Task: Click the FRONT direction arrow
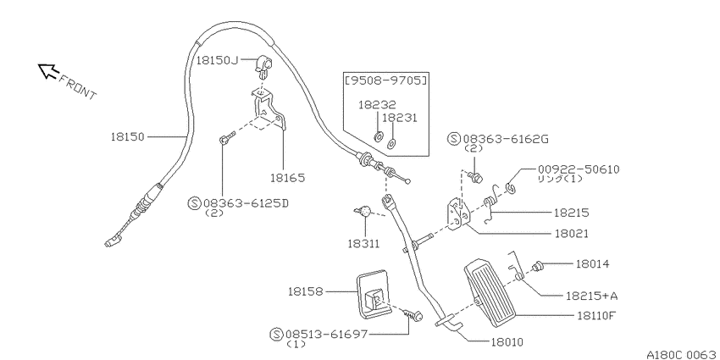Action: [48, 71]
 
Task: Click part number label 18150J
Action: [218, 60]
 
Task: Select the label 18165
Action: [287, 178]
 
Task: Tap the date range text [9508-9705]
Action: [385, 80]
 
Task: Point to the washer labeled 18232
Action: [379, 136]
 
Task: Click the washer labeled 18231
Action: [391, 143]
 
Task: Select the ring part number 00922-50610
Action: [578, 169]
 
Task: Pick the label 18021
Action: [571, 234]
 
